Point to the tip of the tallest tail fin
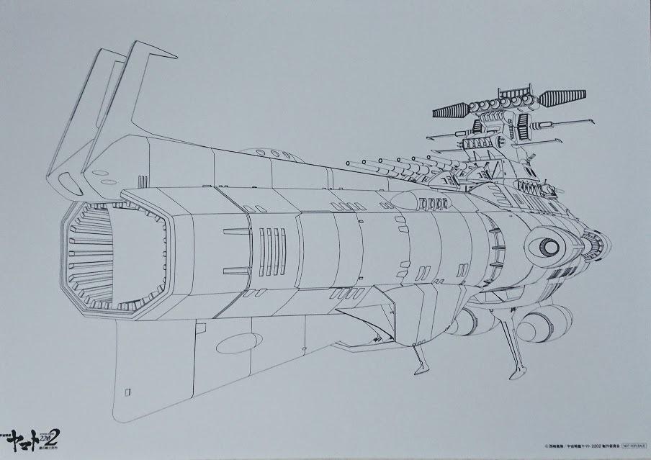pos(176,56)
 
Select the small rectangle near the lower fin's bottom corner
pos(128,392)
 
